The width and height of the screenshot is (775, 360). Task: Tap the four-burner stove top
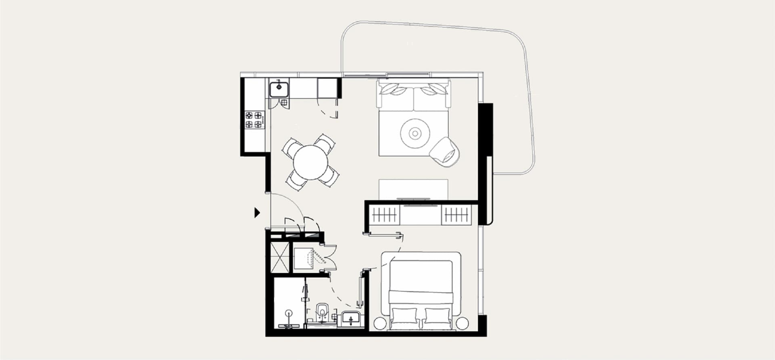tap(254, 120)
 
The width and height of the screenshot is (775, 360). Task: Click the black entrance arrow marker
tap(257, 213)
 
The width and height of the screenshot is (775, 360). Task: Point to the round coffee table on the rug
tap(415, 133)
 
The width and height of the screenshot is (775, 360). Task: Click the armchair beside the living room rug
tap(445, 150)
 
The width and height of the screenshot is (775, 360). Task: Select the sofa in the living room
tap(414, 96)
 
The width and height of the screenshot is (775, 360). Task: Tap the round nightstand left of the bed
tap(380, 323)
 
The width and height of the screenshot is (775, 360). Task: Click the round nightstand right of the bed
tap(462, 323)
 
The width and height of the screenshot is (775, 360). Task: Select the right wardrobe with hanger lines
tap(457, 215)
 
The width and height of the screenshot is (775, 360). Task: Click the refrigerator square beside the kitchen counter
tap(327, 88)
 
